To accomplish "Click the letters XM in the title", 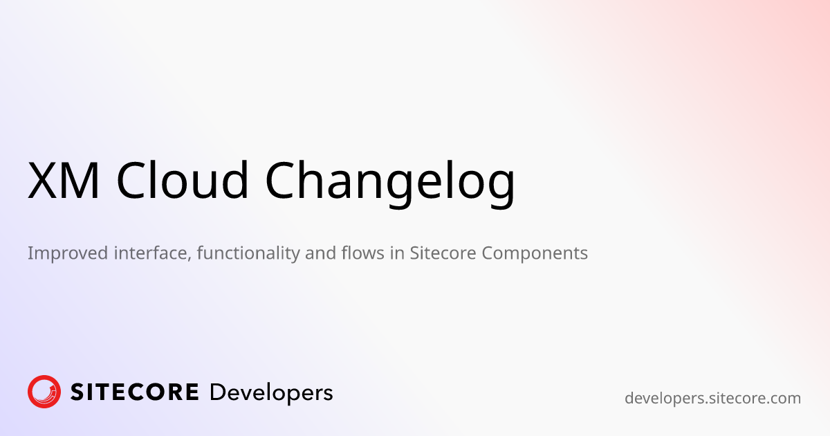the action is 64,181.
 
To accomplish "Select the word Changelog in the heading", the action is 390,184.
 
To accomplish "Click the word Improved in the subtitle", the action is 68,253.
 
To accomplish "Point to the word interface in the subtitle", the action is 153,253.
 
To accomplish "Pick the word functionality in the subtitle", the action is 248,253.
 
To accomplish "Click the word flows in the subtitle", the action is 363,253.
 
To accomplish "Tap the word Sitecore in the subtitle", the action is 443,253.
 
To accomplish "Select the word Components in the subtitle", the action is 535,253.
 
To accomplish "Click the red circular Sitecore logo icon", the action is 44,392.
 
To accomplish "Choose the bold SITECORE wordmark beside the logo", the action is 134,392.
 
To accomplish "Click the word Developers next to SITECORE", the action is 271,393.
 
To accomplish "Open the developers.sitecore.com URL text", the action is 712,399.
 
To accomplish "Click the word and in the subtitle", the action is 320,253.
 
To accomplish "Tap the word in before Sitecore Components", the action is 397,253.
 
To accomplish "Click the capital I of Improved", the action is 30,253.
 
